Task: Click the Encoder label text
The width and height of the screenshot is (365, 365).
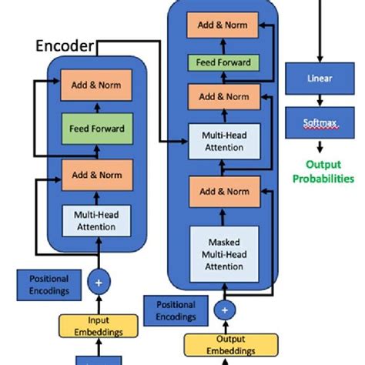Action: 65,47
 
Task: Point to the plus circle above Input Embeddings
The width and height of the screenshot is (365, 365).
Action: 99,283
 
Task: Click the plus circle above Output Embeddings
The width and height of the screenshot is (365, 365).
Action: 225,310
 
